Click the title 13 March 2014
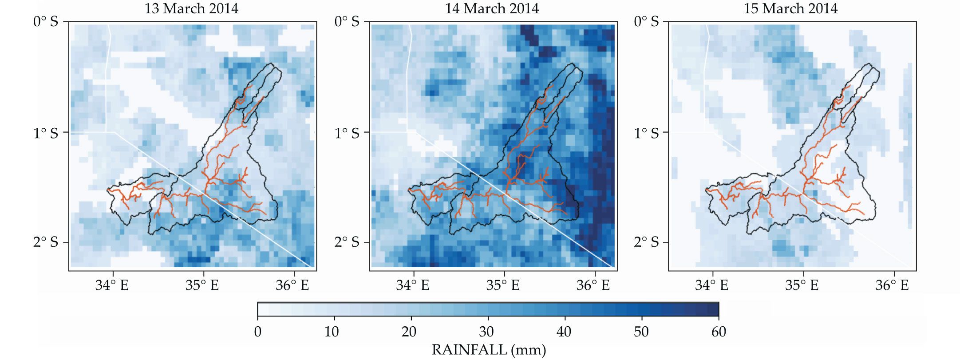191,8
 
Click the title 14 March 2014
492,8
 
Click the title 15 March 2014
790,8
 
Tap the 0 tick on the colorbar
258,332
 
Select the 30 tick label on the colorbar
487,332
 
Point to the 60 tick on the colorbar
719,332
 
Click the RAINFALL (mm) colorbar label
489,350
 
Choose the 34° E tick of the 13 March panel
112,285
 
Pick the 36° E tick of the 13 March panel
292,285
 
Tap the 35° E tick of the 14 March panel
503,285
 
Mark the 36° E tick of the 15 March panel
892,285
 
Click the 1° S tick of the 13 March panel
46,133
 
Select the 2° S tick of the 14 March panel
347,242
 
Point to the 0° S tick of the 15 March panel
646,22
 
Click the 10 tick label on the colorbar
332,332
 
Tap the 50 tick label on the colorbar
641,332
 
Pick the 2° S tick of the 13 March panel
46,242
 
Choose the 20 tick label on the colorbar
409,332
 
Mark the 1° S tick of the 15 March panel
646,133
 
